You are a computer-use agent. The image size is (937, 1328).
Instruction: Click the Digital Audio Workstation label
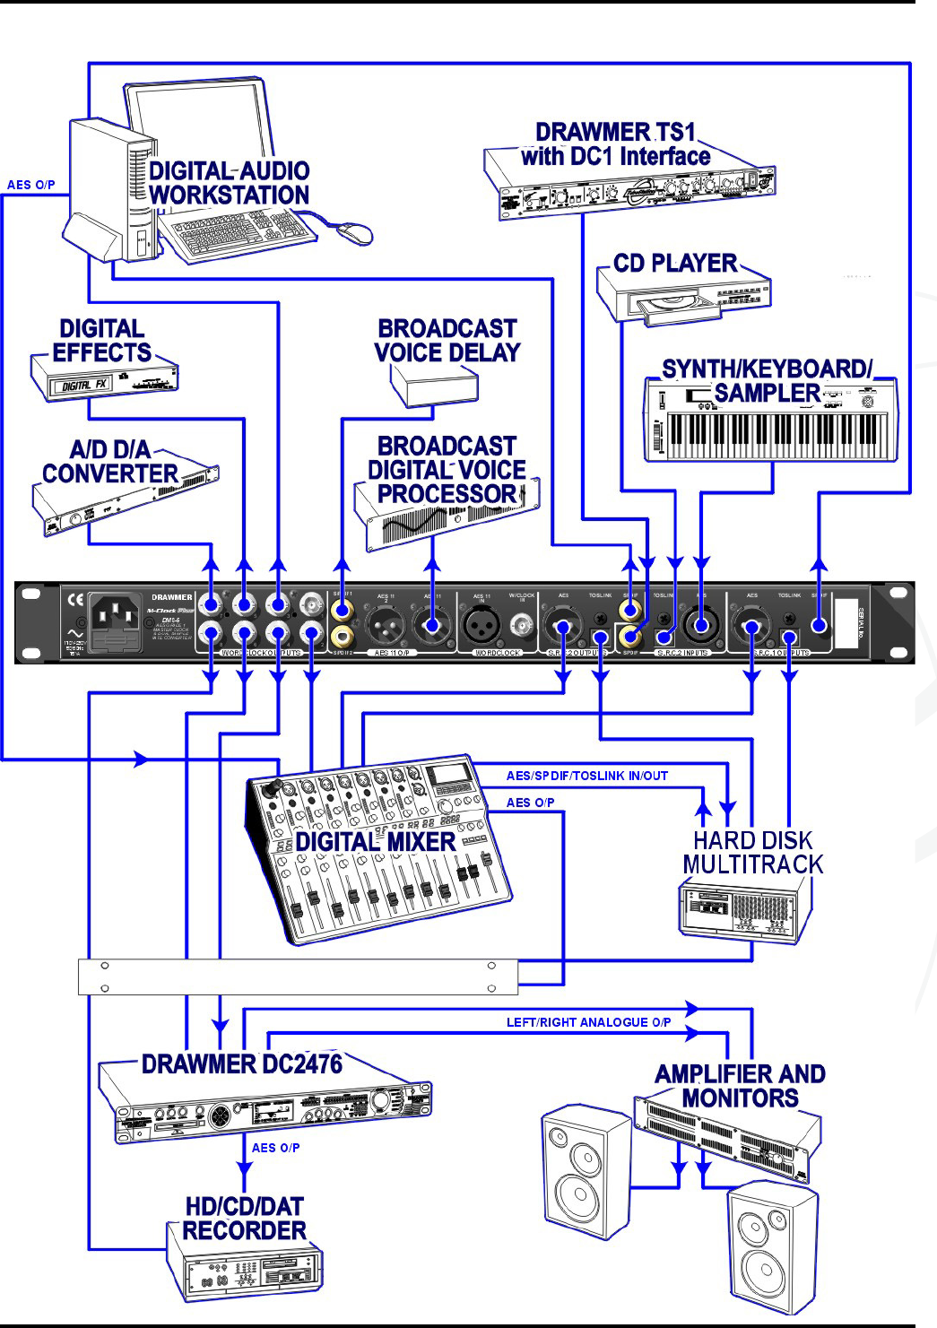pyautogui.click(x=229, y=183)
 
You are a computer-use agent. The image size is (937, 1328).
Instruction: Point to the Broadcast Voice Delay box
pyautogui.click(x=434, y=386)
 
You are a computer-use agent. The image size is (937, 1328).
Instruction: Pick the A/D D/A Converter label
pyautogui.click(x=110, y=462)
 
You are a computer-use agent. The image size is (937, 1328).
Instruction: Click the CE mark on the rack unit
pyautogui.click(x=76, y=599)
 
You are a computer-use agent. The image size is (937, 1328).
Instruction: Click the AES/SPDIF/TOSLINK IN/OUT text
pyautogui.click(x=587, y=776)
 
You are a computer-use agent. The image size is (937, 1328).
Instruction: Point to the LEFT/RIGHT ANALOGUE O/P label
pyautogui.click(x=588, y=1022)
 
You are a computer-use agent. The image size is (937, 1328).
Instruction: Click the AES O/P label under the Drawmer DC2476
pyautogui.click(x=275, y=1148)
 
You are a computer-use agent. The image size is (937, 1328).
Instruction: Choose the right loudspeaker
pyautogui.click(x=771, y=1246)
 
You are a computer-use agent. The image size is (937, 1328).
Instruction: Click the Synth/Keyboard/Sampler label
pyautogui.click(x=767, y=381)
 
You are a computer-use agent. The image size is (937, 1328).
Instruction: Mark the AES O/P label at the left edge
pyautogui.click(x=30, y=185)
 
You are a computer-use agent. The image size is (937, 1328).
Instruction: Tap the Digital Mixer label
pyautogui.click(x=376, y=842)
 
